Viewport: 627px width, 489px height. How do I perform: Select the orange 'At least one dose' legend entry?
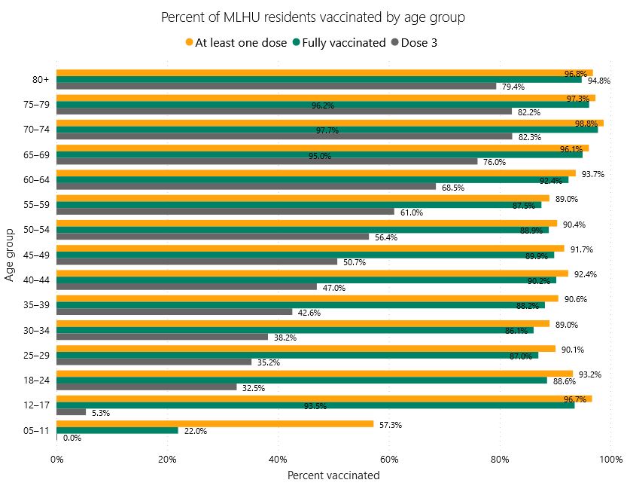pyautogui.click(x=236, y=43)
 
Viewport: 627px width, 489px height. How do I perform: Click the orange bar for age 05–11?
pyautogui.click(x=215, y=423)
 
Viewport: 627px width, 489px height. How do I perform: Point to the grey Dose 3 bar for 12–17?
pyautogui.click(x=71, y=412)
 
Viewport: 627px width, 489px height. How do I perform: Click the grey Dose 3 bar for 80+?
pyautogui.click(x=276, y=86)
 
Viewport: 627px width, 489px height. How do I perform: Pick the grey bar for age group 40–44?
pyautogui.click(x=186, y=287)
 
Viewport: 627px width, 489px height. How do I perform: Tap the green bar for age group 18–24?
pyautogui.click(x=301, y=381)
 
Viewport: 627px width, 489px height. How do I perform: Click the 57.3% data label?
pyautogui.click(x=391, y=425)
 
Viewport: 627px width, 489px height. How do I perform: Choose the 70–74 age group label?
pyautogui.click(x=36, y=129)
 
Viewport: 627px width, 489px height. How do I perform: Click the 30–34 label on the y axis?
pyautogui.click(x=36, y=329)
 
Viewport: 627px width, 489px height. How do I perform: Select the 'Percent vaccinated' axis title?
pyautogui.click(x=333, y=475)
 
